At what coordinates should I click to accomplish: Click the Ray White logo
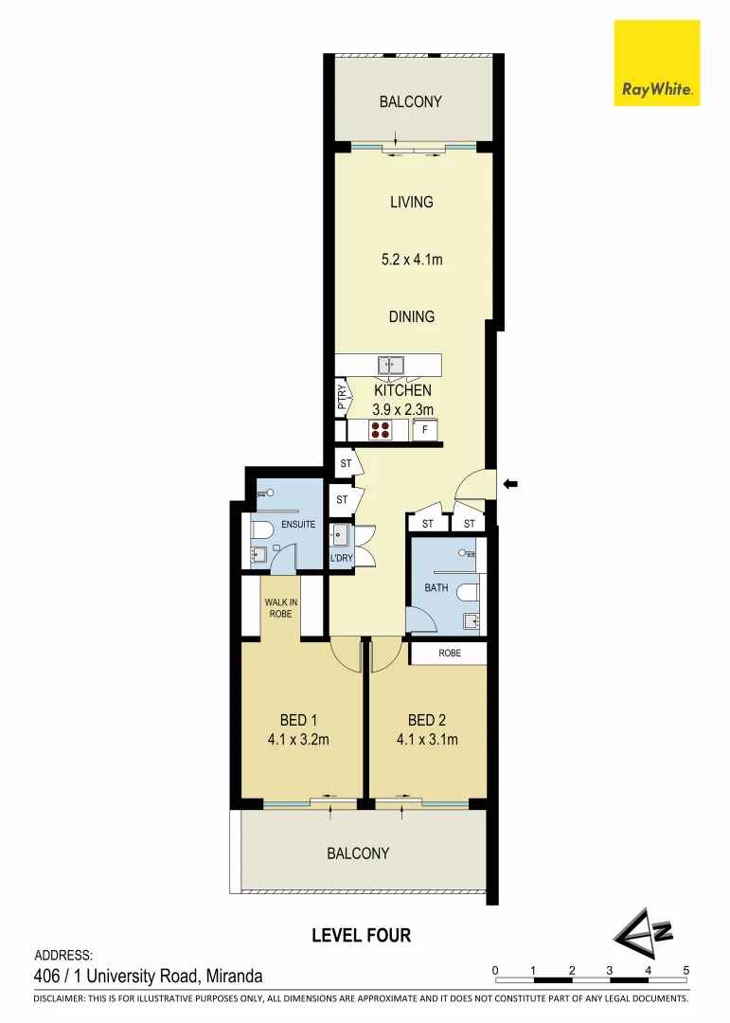[x=657, y=63]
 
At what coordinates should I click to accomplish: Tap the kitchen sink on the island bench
[x=390, y=365]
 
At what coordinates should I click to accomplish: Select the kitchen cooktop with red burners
[x=381, y=431]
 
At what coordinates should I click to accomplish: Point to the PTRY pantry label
[x=342, y=399]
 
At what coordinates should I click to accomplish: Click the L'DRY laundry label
[x=341, y=559]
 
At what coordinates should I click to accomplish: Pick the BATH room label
[x=436, y=588]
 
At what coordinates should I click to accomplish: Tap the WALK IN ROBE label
[x=278, y=607]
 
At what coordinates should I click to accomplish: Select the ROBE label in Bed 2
[x=450, y=653]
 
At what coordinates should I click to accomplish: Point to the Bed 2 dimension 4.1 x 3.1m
[x=426, y=740]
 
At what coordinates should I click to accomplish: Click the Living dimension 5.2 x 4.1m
[x=411, y=259]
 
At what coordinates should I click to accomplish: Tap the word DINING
[x=412, y=316]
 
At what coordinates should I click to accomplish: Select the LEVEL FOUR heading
[x=362, y=936]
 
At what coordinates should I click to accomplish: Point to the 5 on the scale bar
[x=686, y=970]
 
